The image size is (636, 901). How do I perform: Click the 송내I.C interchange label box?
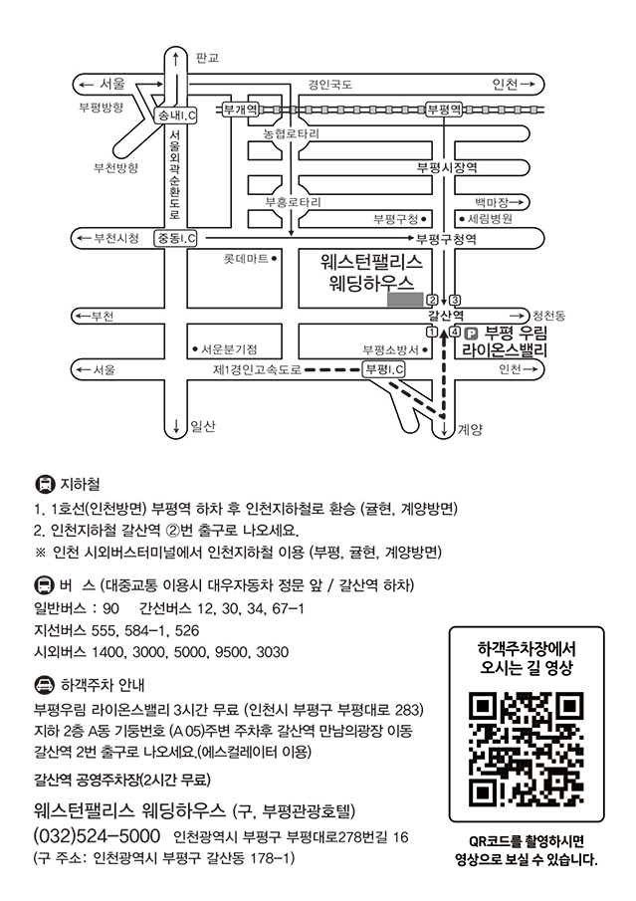tap(176, 115)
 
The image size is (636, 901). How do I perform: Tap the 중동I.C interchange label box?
tap(175, 238)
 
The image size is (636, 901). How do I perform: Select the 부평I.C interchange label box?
tap(384, 369)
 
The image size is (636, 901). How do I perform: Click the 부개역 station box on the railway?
tap(240, 109)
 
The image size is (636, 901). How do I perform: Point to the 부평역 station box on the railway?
tap(444, 109)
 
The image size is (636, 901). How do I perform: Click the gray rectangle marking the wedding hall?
tap(405, 300)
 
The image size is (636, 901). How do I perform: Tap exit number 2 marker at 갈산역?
tap(432, 300)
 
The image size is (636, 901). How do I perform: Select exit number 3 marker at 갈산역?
tap(455, 300)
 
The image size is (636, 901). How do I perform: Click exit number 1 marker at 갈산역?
tap(432, 332)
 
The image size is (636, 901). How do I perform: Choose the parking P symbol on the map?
tap(471, 333)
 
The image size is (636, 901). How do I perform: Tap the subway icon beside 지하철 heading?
tap(45, 485)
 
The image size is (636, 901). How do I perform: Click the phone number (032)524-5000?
tap(98, 835)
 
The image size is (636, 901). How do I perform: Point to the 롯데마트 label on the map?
tap(246, 259)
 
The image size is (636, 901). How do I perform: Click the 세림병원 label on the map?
tap(490, 219)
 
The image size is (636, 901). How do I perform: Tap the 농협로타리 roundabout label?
tap(292, 133)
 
